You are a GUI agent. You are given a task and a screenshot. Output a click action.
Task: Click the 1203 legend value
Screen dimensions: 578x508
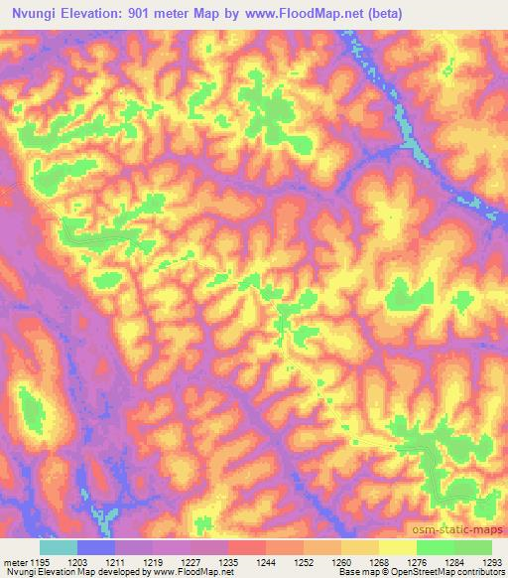(x=96, y=562)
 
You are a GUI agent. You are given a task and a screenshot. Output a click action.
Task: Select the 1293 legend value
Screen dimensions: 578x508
(x=491, y=562)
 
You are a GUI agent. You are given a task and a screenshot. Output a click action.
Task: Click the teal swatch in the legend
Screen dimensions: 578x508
(x=59, y=547)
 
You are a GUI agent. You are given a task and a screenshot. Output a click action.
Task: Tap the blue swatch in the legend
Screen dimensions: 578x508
(x=96, y=547)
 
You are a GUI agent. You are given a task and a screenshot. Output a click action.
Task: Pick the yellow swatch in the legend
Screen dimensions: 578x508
(x=397, y=547)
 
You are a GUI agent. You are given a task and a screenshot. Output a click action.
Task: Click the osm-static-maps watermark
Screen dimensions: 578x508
(x=466, y=529)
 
